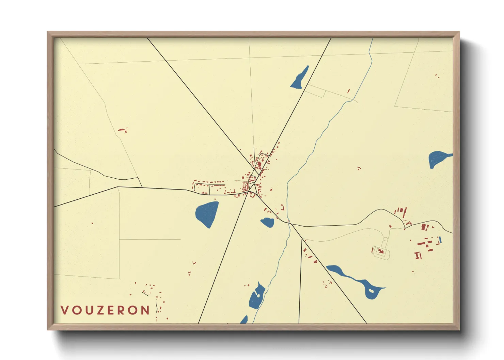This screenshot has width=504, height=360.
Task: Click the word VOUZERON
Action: point(105,310)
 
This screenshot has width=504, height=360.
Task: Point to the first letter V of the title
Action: point(64,310)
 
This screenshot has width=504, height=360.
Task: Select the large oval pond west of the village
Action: point(207,214)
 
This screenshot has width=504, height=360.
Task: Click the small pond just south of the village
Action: point(267,223)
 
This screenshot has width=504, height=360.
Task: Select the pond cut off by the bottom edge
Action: point(244,320)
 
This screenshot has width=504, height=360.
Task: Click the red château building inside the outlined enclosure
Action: point(381,252)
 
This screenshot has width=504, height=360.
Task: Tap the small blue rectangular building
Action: point(440,240)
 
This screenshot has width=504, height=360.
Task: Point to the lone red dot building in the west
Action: point(92,223)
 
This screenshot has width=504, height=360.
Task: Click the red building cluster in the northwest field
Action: point(122,130)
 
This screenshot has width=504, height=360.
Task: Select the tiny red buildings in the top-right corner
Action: point(437,76)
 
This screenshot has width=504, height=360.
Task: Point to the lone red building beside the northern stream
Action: point(348,91)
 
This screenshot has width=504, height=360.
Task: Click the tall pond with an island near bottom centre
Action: point(257,296)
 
